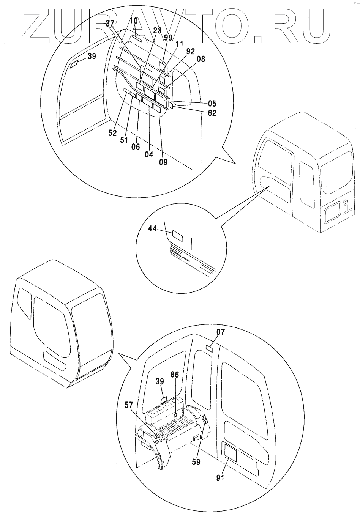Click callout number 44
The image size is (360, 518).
(x=153, y=228)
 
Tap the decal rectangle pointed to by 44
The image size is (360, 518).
(x=178, y=236)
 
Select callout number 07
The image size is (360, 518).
(x=221, y=332)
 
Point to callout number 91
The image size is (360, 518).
(x=221, y=478)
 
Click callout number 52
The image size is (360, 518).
(x=113, y=133)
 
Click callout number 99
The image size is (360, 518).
(x=168, y=37)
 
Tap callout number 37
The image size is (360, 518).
(x=110, y=24)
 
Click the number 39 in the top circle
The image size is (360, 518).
(x=92, y=56)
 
